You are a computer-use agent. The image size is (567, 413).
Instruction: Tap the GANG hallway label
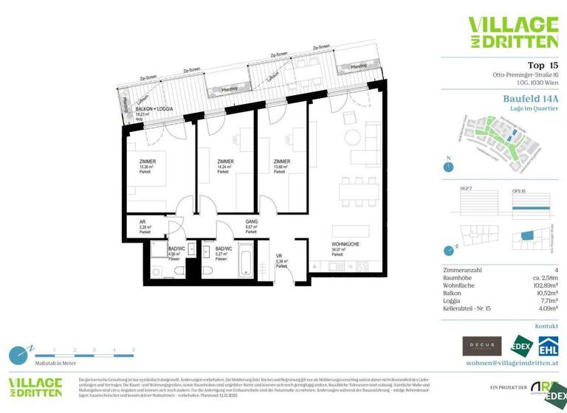(251, 221)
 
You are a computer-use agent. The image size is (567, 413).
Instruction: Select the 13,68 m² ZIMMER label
(281, 162)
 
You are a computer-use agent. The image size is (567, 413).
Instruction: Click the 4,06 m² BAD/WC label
(176, 249)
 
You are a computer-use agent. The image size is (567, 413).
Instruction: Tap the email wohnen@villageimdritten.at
(512, 364)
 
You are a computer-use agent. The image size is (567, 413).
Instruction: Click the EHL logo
(547, 346)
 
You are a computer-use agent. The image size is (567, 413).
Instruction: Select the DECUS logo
(481, 346)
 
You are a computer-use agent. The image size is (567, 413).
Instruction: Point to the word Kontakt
(546, 325)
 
